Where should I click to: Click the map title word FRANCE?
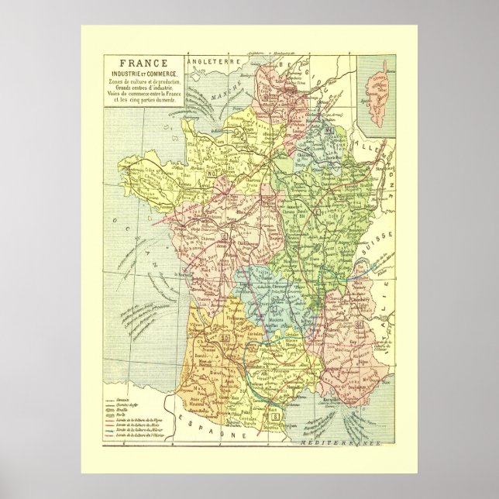[139, 66]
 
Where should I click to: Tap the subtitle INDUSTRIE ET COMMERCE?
[139, 74]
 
